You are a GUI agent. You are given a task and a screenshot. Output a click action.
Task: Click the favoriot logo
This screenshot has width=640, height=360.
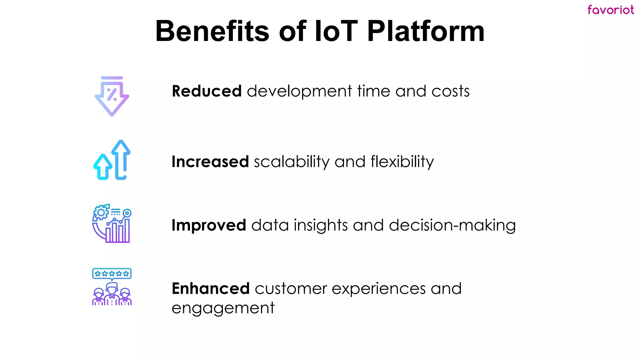610,10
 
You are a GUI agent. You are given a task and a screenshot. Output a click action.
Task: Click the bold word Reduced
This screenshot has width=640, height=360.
207,91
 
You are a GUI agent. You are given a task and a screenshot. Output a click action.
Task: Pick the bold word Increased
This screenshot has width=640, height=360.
210,162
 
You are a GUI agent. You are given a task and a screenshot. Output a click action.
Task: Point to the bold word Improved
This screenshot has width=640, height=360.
209,225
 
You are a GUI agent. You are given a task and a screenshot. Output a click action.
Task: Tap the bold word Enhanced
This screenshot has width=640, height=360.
210,288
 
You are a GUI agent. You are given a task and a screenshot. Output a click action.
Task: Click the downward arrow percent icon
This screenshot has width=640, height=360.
112,96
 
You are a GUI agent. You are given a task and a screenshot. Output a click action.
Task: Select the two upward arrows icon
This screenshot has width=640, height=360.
112,160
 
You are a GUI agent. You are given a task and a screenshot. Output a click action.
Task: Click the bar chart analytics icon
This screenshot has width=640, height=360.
112,223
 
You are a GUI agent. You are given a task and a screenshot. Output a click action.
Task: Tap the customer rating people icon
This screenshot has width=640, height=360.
112,287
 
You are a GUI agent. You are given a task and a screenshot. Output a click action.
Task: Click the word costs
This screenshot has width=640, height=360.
450,91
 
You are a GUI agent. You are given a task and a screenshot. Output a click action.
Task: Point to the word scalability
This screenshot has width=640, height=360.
291,162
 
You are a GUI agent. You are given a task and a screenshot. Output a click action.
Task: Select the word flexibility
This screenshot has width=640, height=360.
402,162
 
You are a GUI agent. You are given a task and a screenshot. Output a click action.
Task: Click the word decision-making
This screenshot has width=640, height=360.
452,225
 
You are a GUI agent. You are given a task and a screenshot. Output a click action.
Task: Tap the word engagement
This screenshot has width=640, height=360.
223,308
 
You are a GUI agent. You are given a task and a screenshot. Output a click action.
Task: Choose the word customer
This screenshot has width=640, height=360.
290,288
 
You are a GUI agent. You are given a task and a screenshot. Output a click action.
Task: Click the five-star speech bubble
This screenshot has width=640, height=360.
112,274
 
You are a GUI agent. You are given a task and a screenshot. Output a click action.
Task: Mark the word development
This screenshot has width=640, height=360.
299,91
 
